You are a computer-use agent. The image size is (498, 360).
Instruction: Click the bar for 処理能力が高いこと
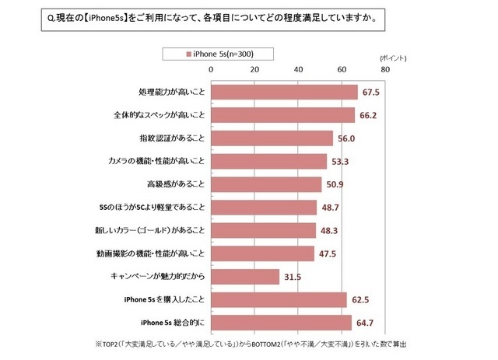tap(284, 93)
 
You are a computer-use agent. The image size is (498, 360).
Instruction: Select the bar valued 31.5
tap(245, 276)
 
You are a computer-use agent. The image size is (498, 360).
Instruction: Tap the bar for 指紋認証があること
tap(272, 138)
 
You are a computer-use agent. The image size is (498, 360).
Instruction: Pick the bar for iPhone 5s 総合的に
tap(281, 322)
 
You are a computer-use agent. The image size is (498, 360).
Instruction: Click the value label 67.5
tap(371, 93)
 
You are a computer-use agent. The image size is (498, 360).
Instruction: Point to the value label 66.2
tap(368, 116)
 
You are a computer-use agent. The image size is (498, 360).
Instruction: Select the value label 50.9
tap(335, 184)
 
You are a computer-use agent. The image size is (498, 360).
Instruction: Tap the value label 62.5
tap(360, 299)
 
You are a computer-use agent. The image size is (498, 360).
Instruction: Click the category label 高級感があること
tap(176, 184)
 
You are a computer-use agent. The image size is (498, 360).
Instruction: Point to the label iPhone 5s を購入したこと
tap(161, 299)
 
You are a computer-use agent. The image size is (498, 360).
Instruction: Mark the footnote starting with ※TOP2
tap(251, 344)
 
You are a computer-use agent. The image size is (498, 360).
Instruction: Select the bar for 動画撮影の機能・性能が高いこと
tap(262, 253)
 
